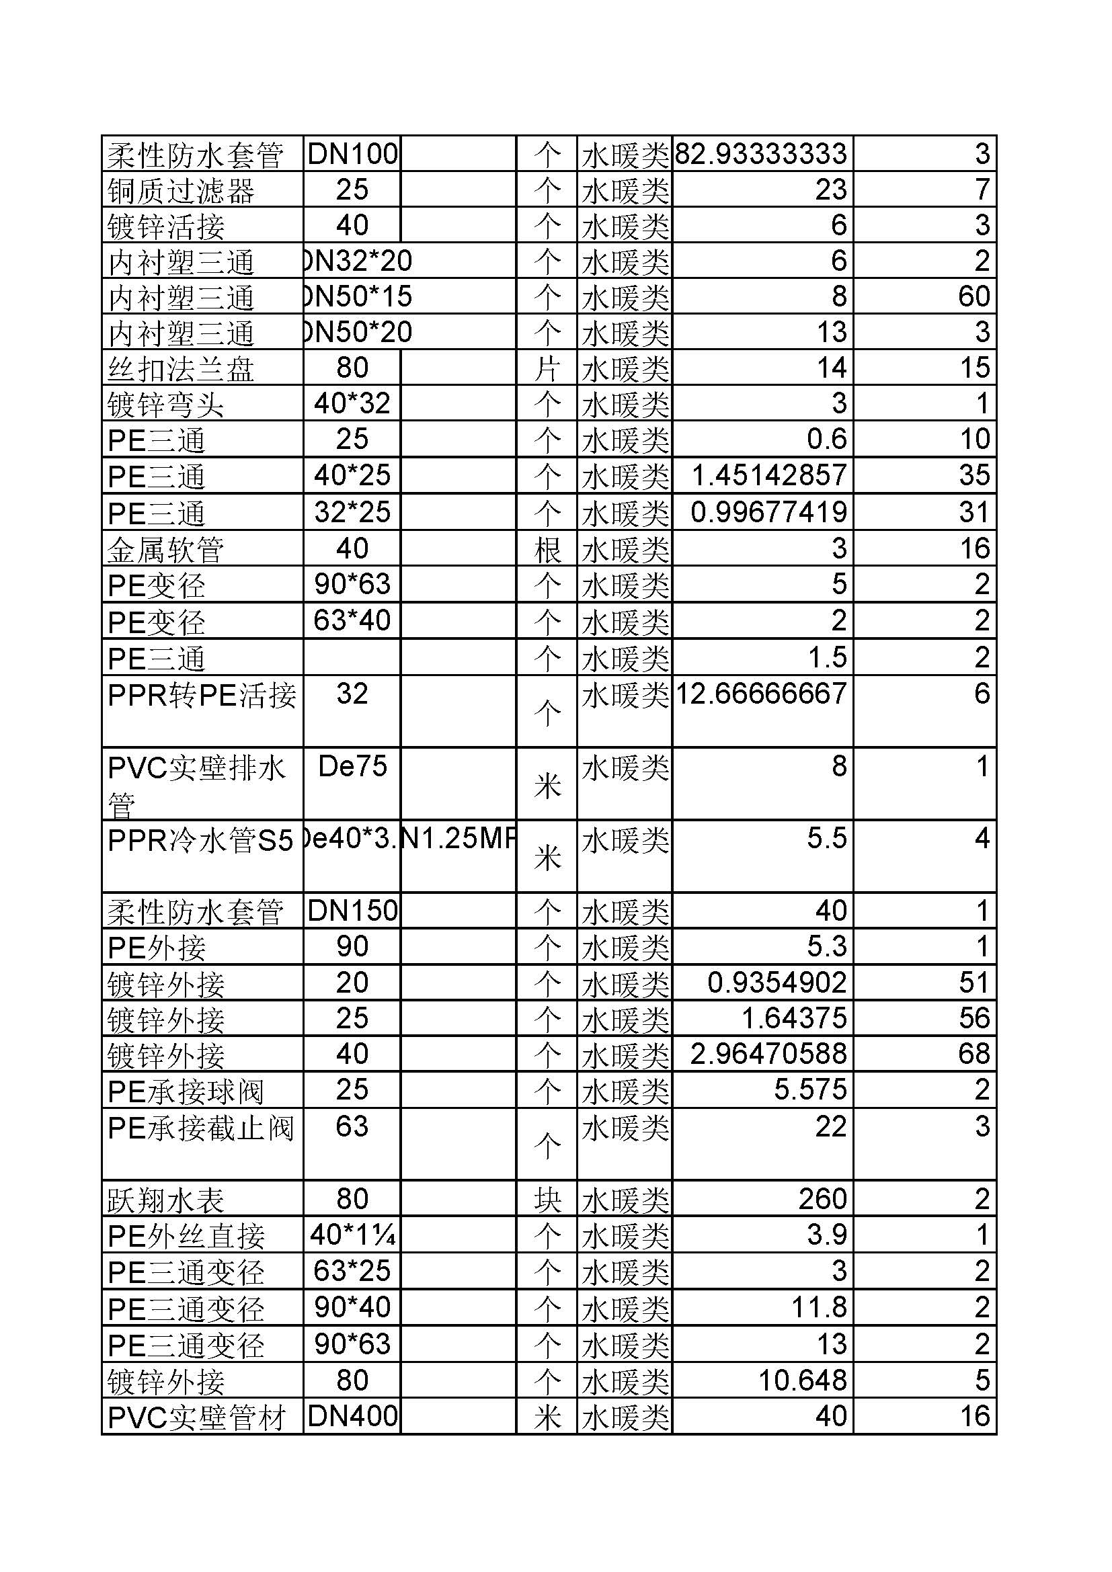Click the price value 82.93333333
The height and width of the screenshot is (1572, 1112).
[761, 153]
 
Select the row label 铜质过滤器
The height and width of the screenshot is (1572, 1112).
[181, 190]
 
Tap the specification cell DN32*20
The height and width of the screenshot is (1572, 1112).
[358, 261]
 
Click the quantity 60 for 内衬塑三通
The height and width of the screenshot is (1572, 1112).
[974, 296]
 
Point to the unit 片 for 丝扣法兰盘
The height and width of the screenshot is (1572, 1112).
[547, 369]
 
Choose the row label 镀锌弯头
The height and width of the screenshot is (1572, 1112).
[165, 405]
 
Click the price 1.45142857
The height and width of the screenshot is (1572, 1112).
[769, 475]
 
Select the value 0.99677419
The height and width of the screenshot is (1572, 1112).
[768, 512]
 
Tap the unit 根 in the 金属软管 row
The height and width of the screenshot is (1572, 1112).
[547, 549]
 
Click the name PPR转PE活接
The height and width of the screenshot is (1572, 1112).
[202, 696]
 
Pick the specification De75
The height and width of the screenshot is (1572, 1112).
[353, 766]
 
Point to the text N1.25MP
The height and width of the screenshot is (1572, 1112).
[457, 839]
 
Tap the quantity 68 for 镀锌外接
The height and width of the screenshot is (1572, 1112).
[974, 1054]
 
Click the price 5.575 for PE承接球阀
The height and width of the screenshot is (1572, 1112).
[810, 1089]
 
